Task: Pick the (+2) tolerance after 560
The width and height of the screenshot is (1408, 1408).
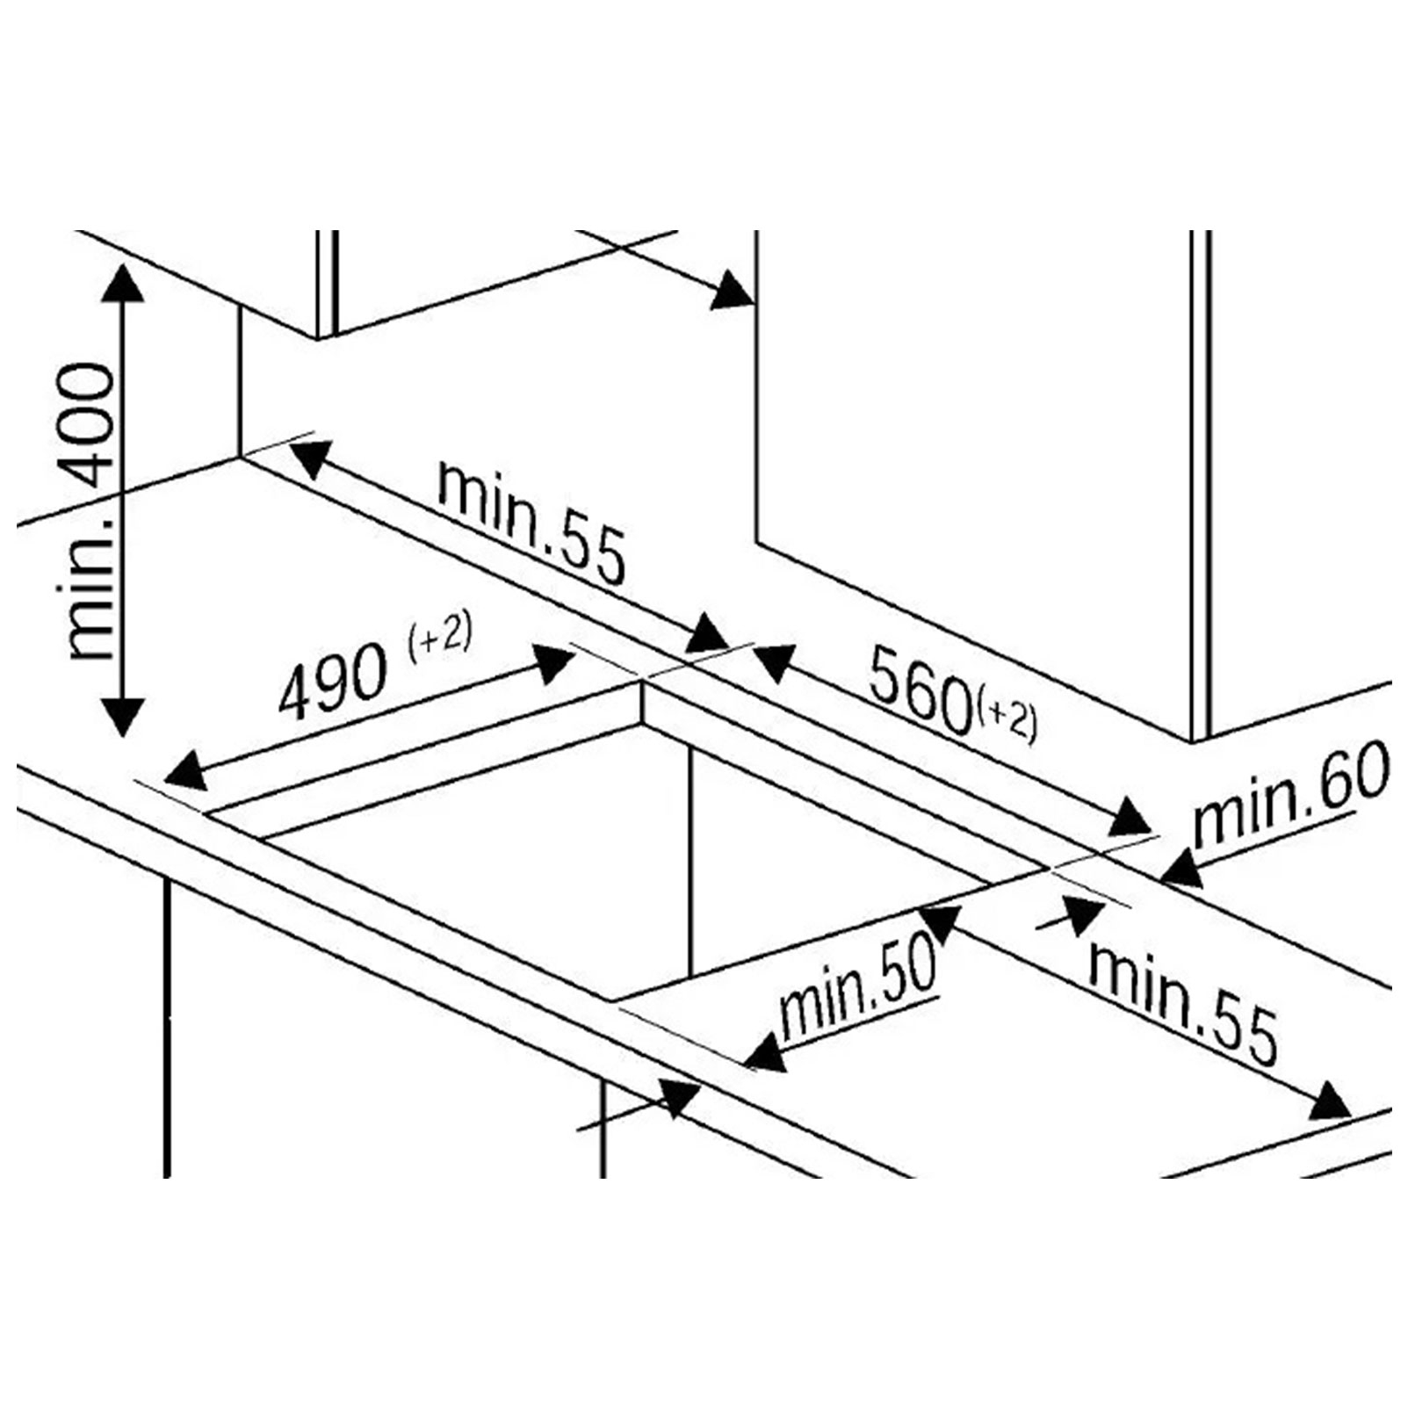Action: point(1006,723)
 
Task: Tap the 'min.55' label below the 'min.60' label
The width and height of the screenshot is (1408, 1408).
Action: point(1182,1002)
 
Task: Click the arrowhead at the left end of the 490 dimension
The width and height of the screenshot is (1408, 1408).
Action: point(182,772)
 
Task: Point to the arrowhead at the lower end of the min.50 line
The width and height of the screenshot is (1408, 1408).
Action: point(765,1053)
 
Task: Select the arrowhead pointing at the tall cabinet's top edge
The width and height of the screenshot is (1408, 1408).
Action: point(732,292)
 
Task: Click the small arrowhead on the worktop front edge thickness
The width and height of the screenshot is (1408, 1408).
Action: point(678,1098)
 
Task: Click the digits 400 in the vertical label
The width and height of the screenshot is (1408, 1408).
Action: point(90,425)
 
